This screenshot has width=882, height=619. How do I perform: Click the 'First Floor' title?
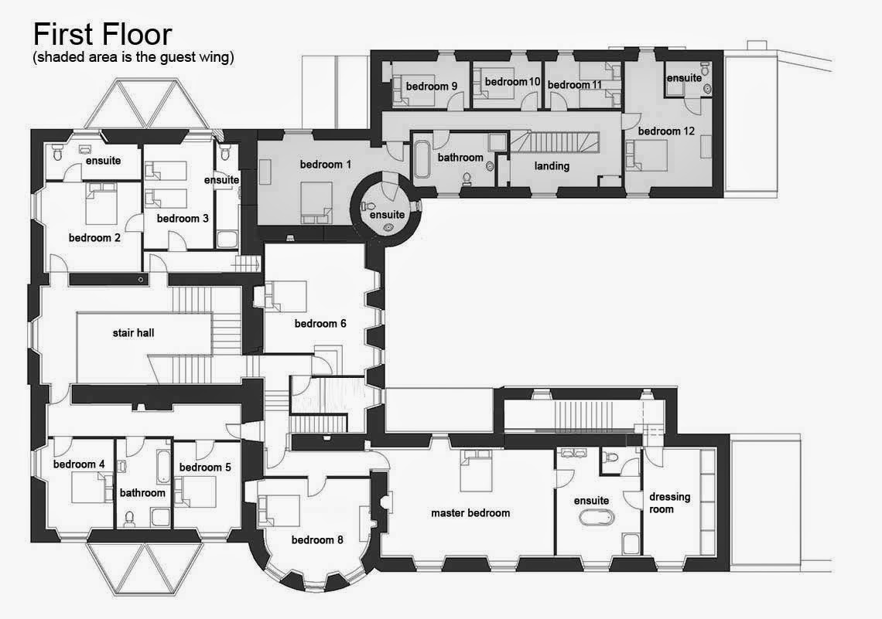[102, 34]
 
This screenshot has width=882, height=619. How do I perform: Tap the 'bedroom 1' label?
[326, 165]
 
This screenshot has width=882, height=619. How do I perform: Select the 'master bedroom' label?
[470, 513]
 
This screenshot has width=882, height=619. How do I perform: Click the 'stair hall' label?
[133, 332]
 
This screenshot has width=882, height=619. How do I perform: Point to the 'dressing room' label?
[669, 503]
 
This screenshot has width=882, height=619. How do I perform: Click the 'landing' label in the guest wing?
[552, 166]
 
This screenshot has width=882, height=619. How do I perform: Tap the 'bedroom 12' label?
[667, 131]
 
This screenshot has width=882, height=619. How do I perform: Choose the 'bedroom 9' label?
[432, 86]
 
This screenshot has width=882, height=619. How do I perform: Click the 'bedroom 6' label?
[320, 324]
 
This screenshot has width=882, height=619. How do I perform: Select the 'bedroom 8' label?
[317, 540]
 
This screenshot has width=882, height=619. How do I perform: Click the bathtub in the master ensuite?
[597, 517]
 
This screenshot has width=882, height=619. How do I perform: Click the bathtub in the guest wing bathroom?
[422, 159]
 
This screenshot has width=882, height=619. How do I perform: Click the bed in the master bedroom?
[476, 471]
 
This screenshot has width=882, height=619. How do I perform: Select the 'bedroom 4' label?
[79, 464]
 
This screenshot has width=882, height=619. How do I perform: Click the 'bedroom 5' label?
[205, 468]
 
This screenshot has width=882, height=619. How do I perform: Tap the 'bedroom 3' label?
[183, 219]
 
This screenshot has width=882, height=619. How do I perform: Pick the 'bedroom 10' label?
[512, 82]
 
